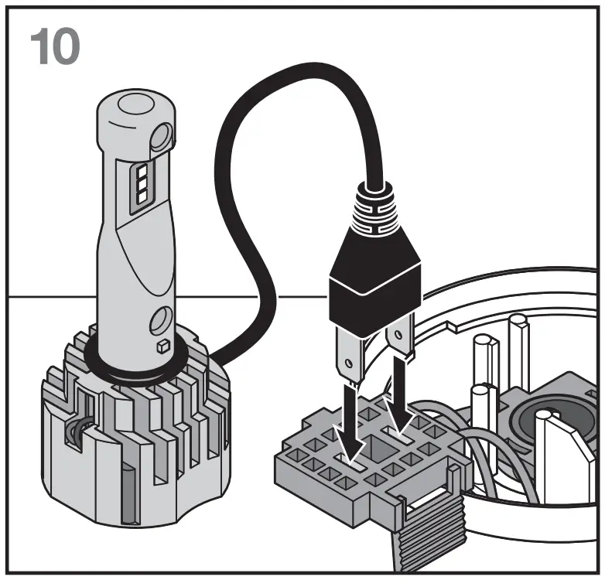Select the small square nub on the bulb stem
163,345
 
